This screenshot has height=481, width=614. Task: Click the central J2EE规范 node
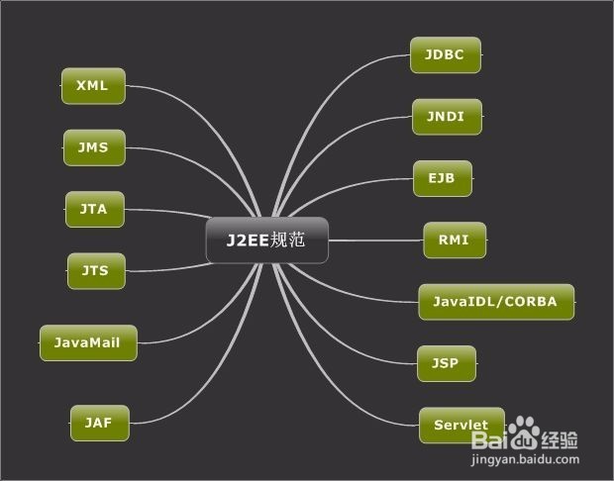pyautogui.click(x=266, y=240)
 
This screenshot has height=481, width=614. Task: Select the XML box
pyautogui.click(x=93, y=86)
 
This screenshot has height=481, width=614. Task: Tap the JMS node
pyautogui.click(x=94, y=148)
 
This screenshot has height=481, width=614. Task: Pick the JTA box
pyautogui.click(x=95, y=210)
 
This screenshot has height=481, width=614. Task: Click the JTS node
pyautogui.click(x=96, y=270)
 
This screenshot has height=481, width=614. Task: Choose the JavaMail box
pyautogui.click(x=88, y=342)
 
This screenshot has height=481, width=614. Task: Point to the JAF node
pyautogui.click(x=99, y=423)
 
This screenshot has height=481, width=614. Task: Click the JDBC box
pyautogui.click(x=445, y=55)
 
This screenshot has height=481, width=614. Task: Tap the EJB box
pyautogui.click(x=442, y=179)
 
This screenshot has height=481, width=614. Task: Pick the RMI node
pyautogui.click(x=455, y=240)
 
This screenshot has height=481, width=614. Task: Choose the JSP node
pyautogui.click(x=446, y=363)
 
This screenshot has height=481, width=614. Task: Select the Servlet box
pyautogui.click(x=460, y=426)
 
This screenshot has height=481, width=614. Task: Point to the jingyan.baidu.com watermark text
pyautogui.click(x=524, y=461)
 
